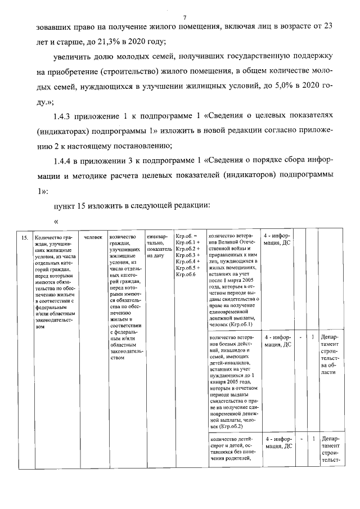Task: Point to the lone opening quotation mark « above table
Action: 56,220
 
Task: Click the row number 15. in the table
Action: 25,237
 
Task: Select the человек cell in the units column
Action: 92,237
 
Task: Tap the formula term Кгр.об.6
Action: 186,274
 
